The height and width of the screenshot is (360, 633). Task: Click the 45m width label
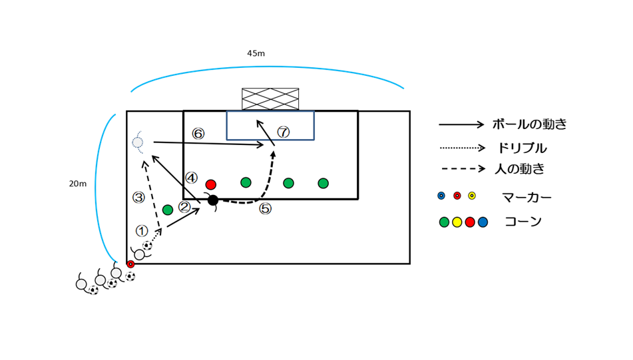pyautogui.click(x=256, y=54)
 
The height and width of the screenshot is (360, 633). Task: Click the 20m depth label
pyautogui.click(x=78, y=184)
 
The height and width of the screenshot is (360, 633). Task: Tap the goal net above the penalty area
pyautogui.click(x=270, y=99)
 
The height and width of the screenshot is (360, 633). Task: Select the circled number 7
pyautogui.click(x=284, y=132)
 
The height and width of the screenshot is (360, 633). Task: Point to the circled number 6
pyautogui.click(x=198, y=134)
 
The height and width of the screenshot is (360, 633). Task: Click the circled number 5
pyautogui.click(x=265, y=209)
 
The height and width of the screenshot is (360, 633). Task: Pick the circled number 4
pyautogui.click(x=191, y=178)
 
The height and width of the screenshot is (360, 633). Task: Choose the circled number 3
pyautogui.click(x=138, y=198)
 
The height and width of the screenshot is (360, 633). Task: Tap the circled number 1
pyautogui.click(x=142, y=231)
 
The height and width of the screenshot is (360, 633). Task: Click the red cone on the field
pyautogui.click(x=211, y=185)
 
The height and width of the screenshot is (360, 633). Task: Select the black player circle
pyautogui.click(x=213, y=200)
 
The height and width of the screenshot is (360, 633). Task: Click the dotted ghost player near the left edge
pyautogui.click(x=137, y=142)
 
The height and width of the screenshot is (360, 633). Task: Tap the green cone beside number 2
pyautogui.click(x=168, y=210)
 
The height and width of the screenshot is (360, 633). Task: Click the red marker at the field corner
pyautogui.click(x=130, y=264)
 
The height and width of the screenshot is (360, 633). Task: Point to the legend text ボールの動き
pyautogui.click(x=530, y=124)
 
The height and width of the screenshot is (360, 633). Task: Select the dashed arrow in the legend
pyautogui.click(x=462, y=169)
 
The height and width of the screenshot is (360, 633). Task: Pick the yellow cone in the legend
pyautogui.click(x=457, y=222)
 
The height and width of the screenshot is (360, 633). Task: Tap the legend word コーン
pyautogui.click(x=523, y=222)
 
